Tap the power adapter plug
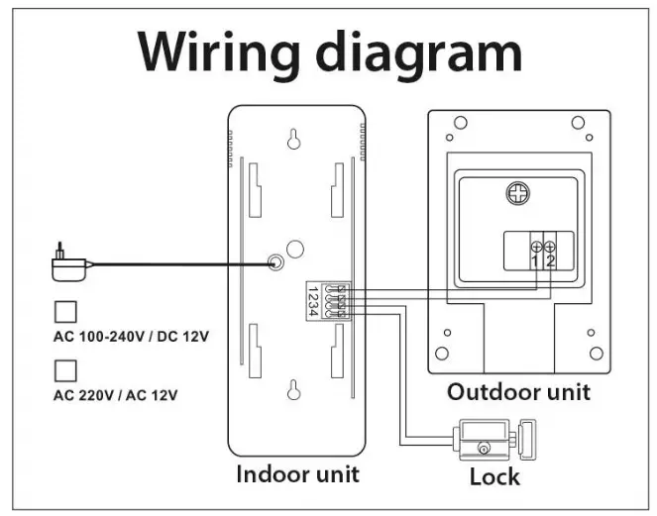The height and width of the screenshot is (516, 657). click(67, 264)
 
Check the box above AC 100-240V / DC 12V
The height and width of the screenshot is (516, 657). click(65, 311)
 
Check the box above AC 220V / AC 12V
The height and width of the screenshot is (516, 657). click(65, 369)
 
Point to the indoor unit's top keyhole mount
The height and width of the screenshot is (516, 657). click(293, 140)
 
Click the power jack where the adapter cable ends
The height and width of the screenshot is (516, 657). click(276, 263)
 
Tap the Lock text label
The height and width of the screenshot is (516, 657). click(493, 477)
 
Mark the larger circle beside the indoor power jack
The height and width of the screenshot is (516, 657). click(294, 249)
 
